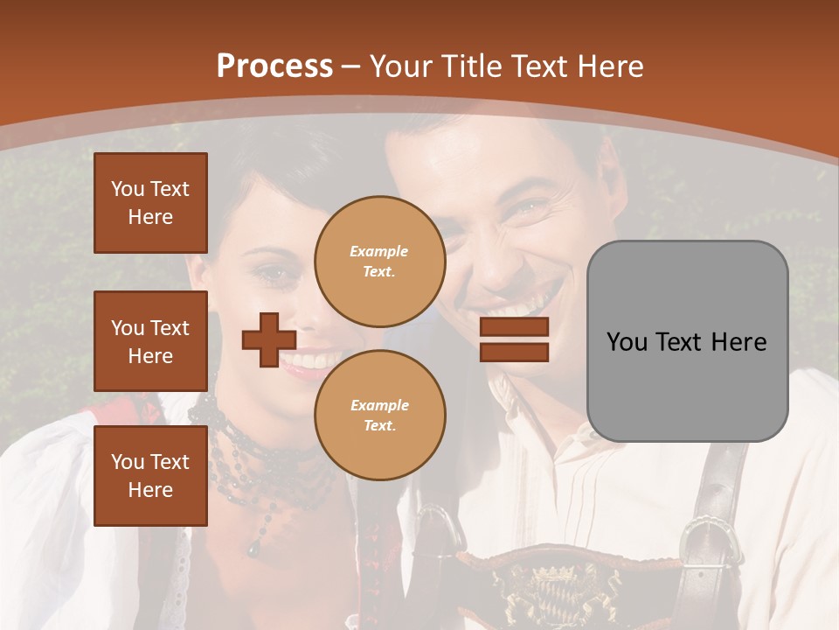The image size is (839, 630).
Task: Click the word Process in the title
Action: click(x=274, y=66)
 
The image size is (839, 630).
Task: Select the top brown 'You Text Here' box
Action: click(x=150, y=203)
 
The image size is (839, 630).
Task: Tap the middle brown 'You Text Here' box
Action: click(x=150, y=341)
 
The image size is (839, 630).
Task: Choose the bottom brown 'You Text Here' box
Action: click(x=150, y=475)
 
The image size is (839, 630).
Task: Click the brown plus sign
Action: click(x=268, y=340)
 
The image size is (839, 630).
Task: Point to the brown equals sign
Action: click(x=514, y=340)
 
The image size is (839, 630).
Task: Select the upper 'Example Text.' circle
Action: click(x=379, y=261)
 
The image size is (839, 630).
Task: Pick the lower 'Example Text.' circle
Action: click(x=379, y=415)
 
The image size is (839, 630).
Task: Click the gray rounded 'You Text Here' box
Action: click(x=687, y=341)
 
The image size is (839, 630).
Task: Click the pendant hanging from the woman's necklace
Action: click(x=253, y=548)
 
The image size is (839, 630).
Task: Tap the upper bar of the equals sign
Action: click(x=514, y=328)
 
